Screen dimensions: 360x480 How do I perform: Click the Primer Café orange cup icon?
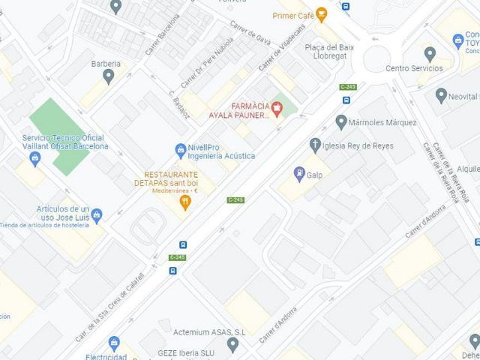pos(322,15)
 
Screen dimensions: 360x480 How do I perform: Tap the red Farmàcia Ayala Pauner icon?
pos(277,109)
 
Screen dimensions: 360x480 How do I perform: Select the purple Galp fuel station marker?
pos(299,174)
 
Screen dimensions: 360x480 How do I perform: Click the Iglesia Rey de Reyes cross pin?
pos(315,144)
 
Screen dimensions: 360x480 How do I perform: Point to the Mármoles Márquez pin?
pos(341,121)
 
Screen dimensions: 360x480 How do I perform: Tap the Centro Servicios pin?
pos(430,54)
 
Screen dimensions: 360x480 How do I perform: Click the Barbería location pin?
pos(109,76)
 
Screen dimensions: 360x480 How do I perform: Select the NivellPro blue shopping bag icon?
pos(181,150)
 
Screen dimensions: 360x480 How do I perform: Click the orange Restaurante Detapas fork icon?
pos(185,202)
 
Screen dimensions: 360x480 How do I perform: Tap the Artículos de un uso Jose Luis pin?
pos(97,215)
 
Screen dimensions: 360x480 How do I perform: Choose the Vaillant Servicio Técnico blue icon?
pos(35,158)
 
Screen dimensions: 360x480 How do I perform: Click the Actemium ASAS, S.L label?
pos(209,331)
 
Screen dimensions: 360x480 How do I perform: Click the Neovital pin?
pos(441,95)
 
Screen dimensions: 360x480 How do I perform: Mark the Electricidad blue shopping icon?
pos(114,343)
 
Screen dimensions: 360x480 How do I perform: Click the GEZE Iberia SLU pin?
pos(232,344)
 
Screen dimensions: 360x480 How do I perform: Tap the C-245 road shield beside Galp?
pos(235,199)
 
